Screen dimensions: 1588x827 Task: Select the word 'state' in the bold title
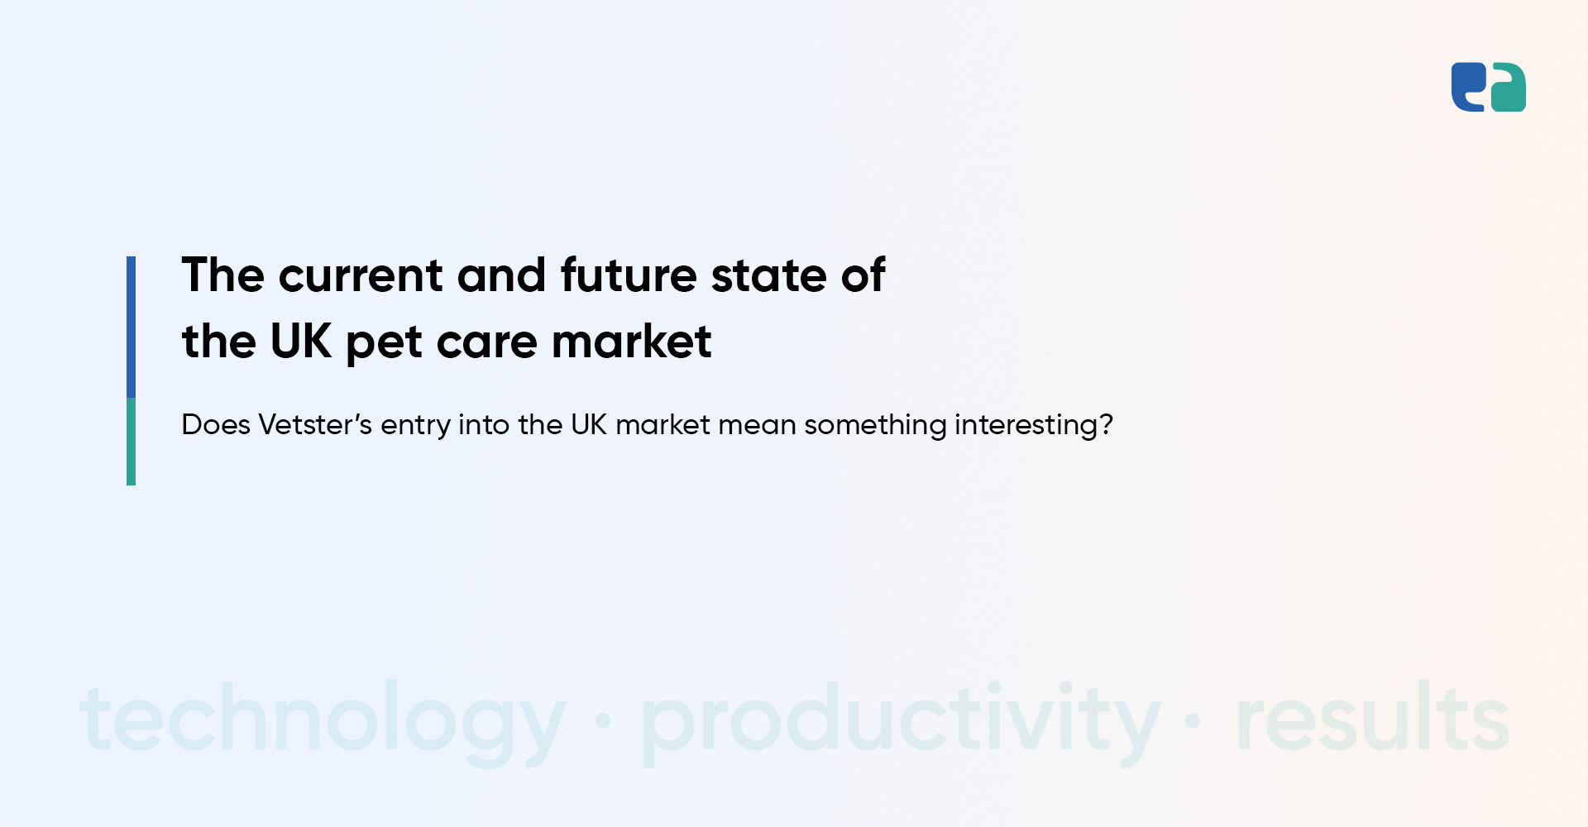point(769,276)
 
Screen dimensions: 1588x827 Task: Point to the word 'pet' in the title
point(384,344)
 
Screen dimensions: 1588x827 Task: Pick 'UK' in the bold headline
point(301,342)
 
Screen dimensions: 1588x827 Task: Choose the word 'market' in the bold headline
point(631,342)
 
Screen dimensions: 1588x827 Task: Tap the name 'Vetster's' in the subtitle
point(315,424)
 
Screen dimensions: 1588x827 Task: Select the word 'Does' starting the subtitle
point(216,424)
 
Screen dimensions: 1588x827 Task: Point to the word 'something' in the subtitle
point(875,426)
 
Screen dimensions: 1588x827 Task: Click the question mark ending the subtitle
point(1106,424)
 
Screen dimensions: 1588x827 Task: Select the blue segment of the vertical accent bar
point(131,327)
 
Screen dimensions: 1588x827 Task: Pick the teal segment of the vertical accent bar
point(131,442)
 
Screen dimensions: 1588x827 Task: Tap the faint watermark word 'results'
point(1373,716)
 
